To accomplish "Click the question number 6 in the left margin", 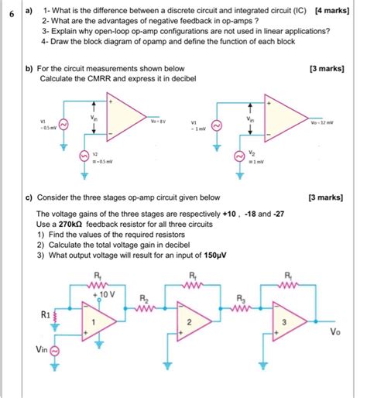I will [11, 13].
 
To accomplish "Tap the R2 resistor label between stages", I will [143, 298].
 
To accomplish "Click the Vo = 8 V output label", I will [159, 122].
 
